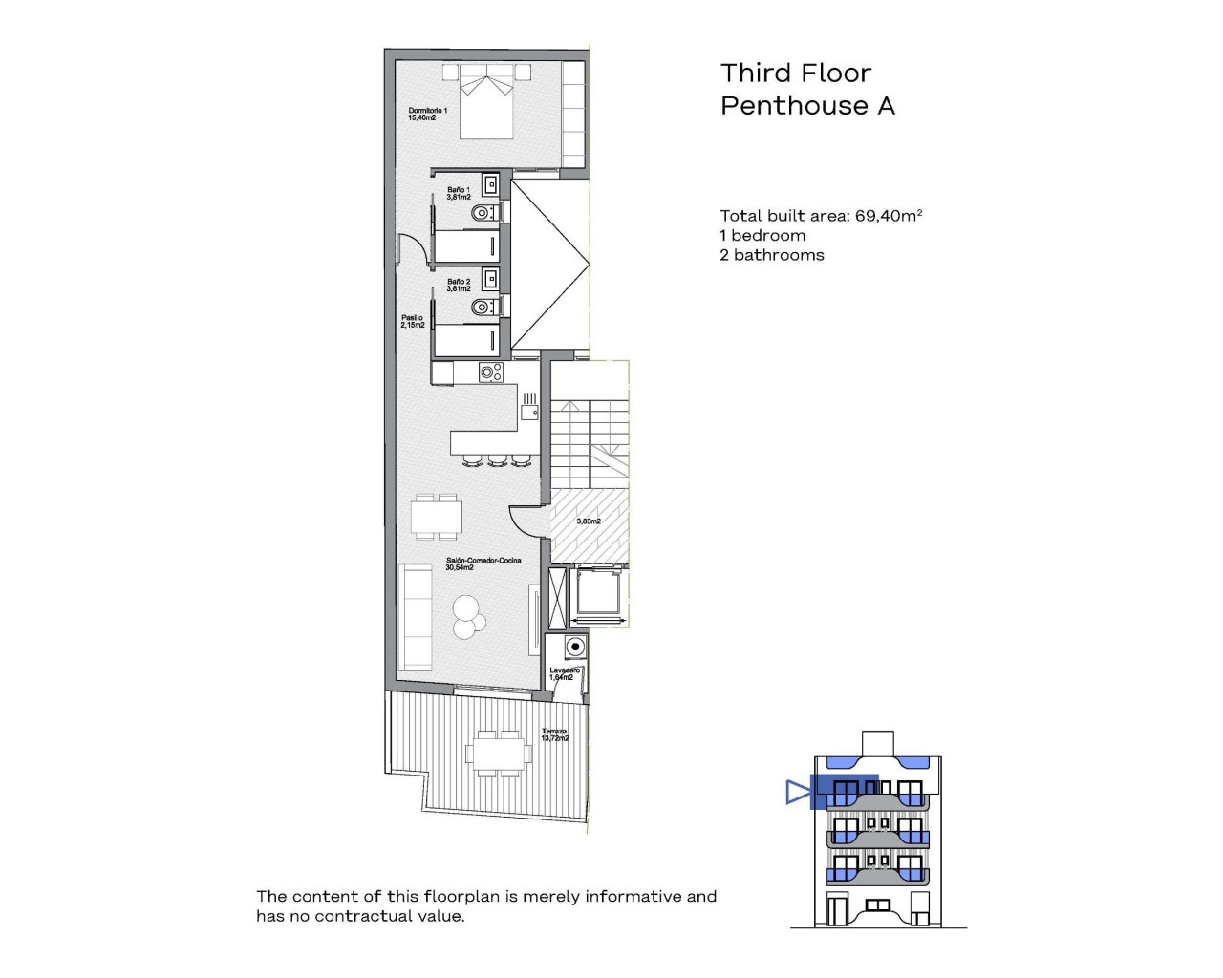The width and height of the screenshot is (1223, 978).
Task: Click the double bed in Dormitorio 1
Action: tap(487, 102)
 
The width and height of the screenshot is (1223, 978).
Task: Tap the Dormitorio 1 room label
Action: tap(427, 114)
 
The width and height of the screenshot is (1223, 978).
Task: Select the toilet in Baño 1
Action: tap(483, 213)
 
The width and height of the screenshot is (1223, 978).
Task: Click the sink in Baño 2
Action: tap(490, 278)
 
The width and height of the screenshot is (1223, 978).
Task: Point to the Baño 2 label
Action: tap(459, 285)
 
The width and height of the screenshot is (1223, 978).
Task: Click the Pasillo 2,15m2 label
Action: tap(413, 321)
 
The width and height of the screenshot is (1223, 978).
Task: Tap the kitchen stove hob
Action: tap(490, 372)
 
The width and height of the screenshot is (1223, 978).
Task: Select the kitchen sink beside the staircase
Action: tap(529, 412)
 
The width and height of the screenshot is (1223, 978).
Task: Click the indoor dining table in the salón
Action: tap(437, 517)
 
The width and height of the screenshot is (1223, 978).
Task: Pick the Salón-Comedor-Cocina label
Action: tap(483, 563)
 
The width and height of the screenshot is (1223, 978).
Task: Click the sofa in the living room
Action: tap(416, 616)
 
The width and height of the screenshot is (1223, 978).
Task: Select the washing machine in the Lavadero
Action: tap(574, 648)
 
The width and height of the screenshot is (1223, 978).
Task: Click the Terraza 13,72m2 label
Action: tap(554, 734)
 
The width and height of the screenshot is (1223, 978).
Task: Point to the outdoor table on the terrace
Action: tap(498, 754)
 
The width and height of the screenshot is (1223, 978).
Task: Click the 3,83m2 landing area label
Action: tap(589, 521)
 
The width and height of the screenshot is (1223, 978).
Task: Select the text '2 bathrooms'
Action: tap(772, 255)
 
